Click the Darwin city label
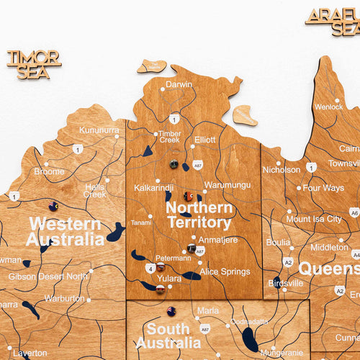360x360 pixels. tap(179, 84)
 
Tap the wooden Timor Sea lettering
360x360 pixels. tap(34, 64)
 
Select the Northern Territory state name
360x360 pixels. tap(199, 215)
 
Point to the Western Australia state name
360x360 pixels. tap(66, 231)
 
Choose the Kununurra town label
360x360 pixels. tap(99, 130)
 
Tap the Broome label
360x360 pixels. tap(49, 171)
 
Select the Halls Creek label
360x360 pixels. tap(94, 190)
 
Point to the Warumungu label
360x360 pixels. tap(227, 185)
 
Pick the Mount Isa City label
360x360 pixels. tap(314, 219)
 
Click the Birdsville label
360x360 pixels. tap(286, 283)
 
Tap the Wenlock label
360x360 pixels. tap(328, 107)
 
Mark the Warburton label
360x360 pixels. tap(64, 297)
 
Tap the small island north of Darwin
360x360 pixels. tap(152, 67)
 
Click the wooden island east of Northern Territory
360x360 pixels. tap(245, 115)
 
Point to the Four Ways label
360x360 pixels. tap(323, 188)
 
